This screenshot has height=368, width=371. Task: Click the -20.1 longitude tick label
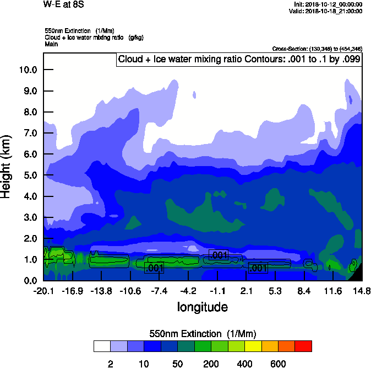(43, 290)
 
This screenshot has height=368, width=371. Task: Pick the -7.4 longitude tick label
(159, 290)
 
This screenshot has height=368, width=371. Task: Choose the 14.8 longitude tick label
(361, 290)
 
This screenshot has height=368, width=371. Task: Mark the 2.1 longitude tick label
(246, 290)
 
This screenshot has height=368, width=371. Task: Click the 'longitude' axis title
(202, 306)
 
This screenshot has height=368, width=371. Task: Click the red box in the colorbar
(303, 346)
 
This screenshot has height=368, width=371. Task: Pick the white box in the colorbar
(102, 346)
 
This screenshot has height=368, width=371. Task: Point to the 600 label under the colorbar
(278, 364)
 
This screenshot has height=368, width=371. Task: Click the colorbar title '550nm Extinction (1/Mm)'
(203, 334)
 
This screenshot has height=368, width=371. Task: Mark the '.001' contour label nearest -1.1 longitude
(219, 255)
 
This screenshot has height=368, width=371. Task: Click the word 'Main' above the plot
(51, 44)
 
